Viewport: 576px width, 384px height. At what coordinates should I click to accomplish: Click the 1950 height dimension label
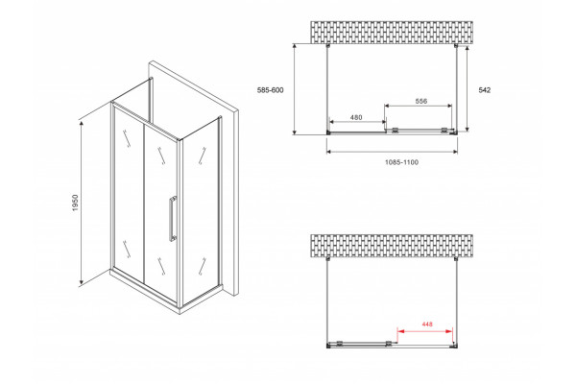(x=75, y=203)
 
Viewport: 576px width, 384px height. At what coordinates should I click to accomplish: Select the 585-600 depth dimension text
(x=271, y=90)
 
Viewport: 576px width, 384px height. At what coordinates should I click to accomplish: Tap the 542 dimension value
(x=485, y=90)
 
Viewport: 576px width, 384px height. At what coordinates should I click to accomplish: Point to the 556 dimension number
(x=421, y=101)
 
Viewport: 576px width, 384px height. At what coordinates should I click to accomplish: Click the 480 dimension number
(x=356, y=117)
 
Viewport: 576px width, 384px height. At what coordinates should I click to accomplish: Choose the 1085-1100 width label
(x=401, y=162)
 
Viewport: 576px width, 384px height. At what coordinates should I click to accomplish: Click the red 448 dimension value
(x=427, y=324)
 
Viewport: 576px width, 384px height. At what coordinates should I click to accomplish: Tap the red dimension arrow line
(x=425, y=331)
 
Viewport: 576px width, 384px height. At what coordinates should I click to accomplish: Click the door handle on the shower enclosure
(x=172, y=220)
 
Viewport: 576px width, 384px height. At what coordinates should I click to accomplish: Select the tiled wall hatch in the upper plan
(x=392, y=33)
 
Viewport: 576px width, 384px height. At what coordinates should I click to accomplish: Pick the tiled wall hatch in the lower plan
(x=392, y=246)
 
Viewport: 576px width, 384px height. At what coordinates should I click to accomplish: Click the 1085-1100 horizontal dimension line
(x=392, y=151)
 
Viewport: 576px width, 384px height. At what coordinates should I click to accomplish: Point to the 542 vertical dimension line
(x=467, y=88)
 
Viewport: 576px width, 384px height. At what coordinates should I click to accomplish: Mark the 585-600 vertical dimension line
(x=295, y=89)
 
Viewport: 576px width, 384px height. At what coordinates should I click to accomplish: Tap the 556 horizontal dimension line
(x=419, y=106)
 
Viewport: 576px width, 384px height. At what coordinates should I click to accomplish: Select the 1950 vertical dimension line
(x=82, y=203)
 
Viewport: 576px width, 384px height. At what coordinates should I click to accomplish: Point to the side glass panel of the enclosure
(x=201, y=211)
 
